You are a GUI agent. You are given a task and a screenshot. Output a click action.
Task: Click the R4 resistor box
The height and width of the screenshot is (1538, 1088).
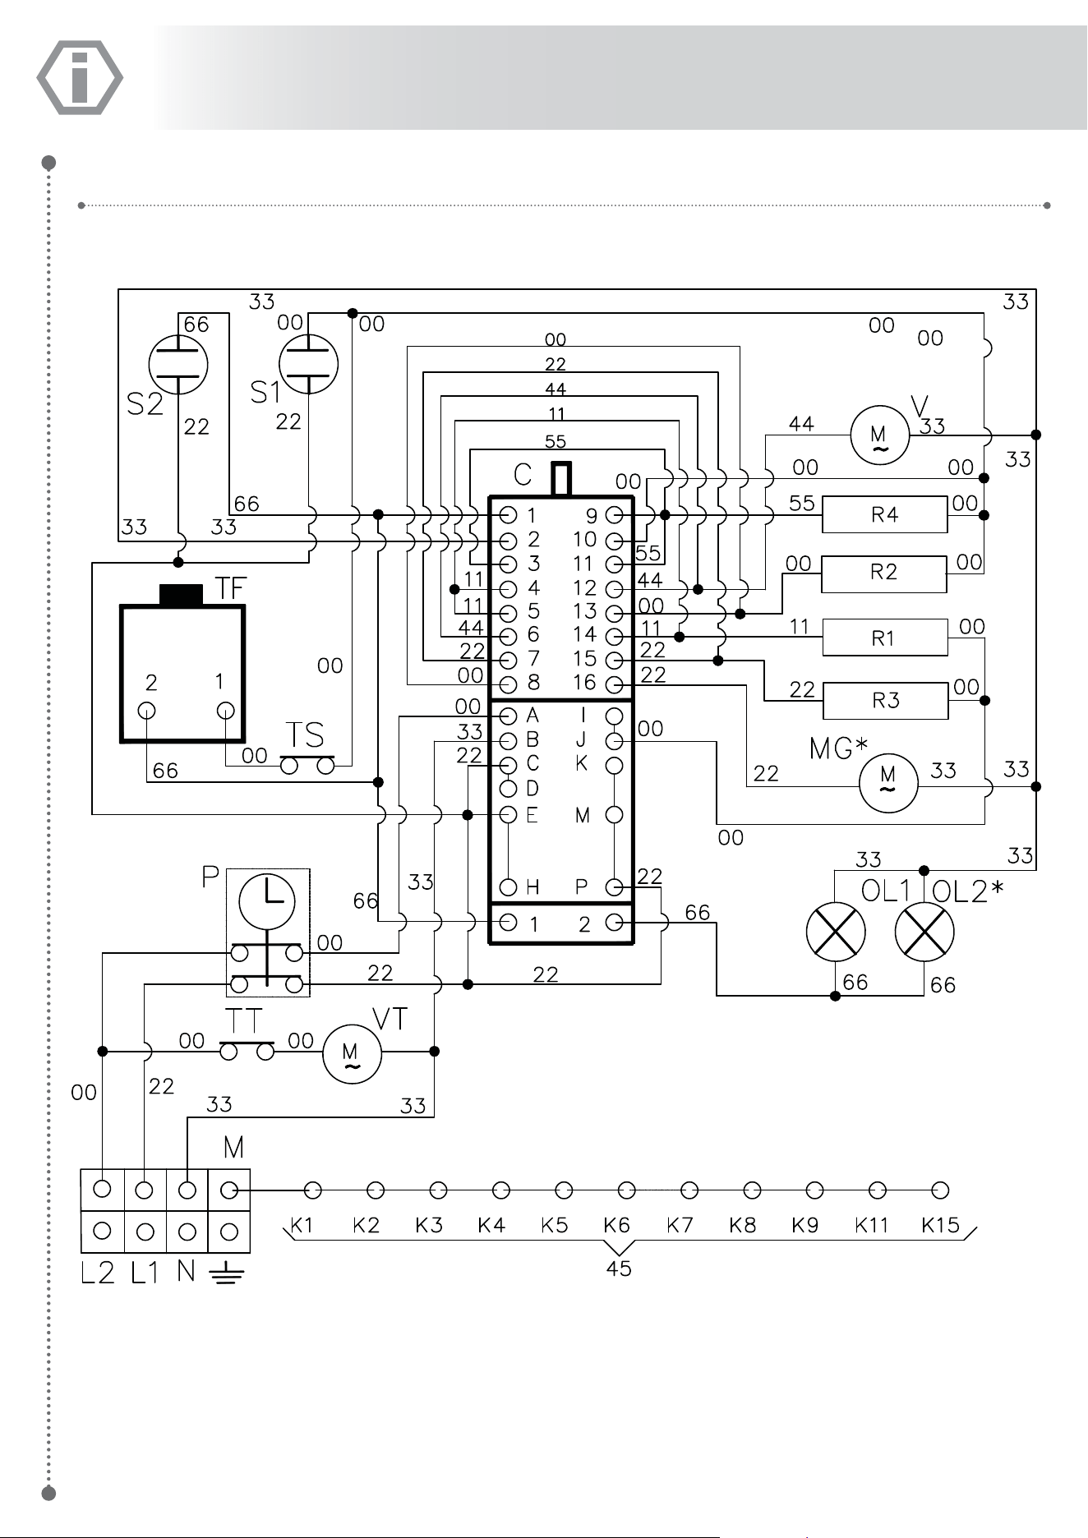click(x=885, y=515)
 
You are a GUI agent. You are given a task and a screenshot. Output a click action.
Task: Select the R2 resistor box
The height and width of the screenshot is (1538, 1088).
click(x=884, y=573)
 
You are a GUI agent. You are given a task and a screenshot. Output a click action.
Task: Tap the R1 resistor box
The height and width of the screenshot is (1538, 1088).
click(x=885, y=638)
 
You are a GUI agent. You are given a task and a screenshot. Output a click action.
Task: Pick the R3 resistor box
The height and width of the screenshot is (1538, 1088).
click(x=886, y=701)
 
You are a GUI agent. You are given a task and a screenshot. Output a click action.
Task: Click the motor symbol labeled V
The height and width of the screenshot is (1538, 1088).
click(x=879, y=435)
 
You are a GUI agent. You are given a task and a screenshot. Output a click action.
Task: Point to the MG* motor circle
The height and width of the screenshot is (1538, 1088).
click(x=888, y=782)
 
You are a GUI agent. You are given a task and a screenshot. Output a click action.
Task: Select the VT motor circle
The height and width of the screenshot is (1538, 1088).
click(x=352, y=1053)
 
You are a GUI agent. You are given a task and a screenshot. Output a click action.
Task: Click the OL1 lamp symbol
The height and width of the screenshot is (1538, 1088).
click(x=836, y=932)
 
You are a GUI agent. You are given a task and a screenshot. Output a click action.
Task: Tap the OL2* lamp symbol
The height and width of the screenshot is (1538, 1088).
click(x=924, y=932)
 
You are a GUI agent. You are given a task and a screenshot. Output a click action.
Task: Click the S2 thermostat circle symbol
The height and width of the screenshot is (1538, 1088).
click(x=178, y=363)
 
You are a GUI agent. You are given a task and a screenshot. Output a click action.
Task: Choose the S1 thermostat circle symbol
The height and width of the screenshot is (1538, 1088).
click(x=308, y=363)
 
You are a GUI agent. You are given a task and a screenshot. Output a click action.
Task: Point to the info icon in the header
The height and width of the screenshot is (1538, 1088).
click(x=80, y=77)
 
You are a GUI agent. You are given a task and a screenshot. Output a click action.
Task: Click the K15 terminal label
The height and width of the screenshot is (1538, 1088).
click(x=941, y=1225)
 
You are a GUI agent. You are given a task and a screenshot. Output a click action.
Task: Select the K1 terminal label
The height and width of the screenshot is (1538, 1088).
click(x=302, y=1225)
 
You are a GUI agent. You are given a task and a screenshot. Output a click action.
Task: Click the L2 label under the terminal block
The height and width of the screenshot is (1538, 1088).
click(x=98, y=1273)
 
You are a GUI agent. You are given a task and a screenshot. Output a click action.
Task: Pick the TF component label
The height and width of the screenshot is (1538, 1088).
click(x=231, y=588)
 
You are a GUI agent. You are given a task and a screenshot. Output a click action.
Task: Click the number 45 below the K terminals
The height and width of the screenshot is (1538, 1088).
click(x=619, y=1269)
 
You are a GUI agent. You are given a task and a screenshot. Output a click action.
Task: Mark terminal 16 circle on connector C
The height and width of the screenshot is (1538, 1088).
click(x=613, y=684)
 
